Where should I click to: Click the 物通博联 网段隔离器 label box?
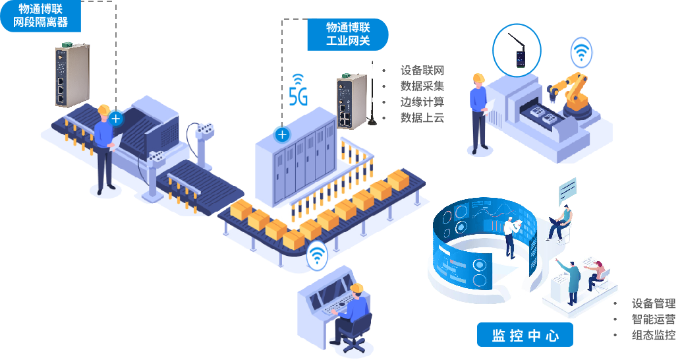click(40, 16)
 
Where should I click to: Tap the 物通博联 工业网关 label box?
click(347, 34)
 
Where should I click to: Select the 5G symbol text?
click(298, 96)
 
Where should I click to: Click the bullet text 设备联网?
click(422, 71)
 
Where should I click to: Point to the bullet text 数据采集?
click(422, 86)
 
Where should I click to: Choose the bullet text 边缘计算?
click(422, 102)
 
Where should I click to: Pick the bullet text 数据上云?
click(422, 118)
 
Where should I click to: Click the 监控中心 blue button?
click(525, 335)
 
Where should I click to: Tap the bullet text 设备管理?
click(653, 303)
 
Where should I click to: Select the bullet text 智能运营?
click(653, 319)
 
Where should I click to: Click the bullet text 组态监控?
click(653, 335)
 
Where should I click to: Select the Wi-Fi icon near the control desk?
click(318, 255)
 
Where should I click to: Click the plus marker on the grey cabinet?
click(282, 135)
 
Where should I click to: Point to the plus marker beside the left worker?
click(116, 119)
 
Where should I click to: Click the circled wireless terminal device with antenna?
click(517, 51)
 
